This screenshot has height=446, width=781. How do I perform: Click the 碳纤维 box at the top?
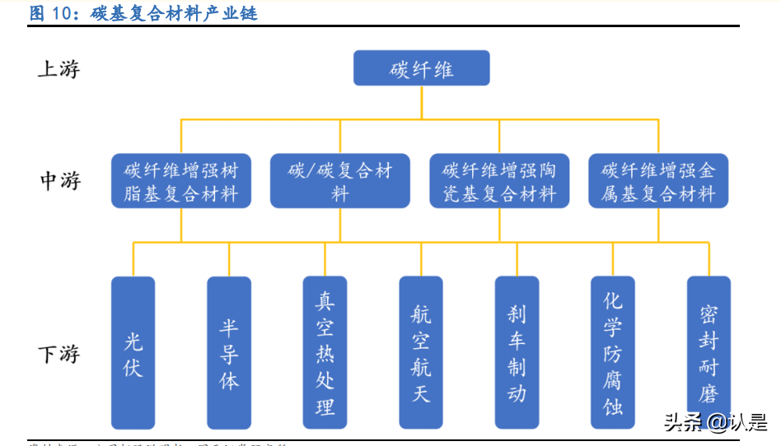[x=421, y=68]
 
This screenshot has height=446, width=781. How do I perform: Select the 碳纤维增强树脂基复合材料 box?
[x=180, y=181]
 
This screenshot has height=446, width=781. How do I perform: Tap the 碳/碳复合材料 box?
[x=340, y=181]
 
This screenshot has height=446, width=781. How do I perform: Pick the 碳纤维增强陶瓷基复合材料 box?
[x=499, y=181]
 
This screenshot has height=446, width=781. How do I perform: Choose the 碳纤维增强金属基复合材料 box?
[x=658, y=181]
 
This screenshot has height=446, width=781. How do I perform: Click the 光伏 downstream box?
[x=133, y=352]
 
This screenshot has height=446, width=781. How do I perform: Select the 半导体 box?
[x=228, y=352]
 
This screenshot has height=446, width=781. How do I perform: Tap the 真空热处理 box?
[x=325, y=352]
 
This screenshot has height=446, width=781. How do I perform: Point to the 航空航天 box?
[x=421, y=352]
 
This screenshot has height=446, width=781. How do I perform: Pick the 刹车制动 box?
[x=517, y=352]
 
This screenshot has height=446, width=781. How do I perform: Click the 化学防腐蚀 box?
[x=613, y=352]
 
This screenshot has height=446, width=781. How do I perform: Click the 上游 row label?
[x=58, y=69]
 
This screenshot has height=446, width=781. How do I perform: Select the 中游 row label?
[x=60, y=181]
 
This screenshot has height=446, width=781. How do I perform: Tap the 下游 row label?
[x=58, y=354]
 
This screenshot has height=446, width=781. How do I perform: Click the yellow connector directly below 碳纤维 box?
[x=421, y=102]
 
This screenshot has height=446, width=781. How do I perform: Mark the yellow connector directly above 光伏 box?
[x=133, y=259]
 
